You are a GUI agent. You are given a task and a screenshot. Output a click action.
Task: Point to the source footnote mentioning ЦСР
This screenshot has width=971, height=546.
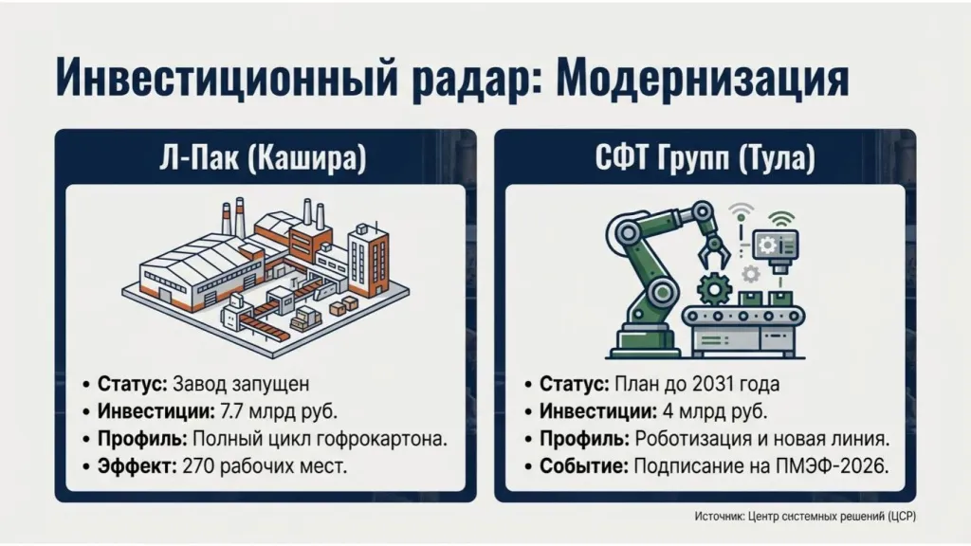(x=804, y=516)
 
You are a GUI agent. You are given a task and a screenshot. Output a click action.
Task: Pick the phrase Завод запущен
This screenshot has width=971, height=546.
(x=242, y=384)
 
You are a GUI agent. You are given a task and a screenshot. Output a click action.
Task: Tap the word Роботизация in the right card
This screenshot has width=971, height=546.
(x=690, y=439)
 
